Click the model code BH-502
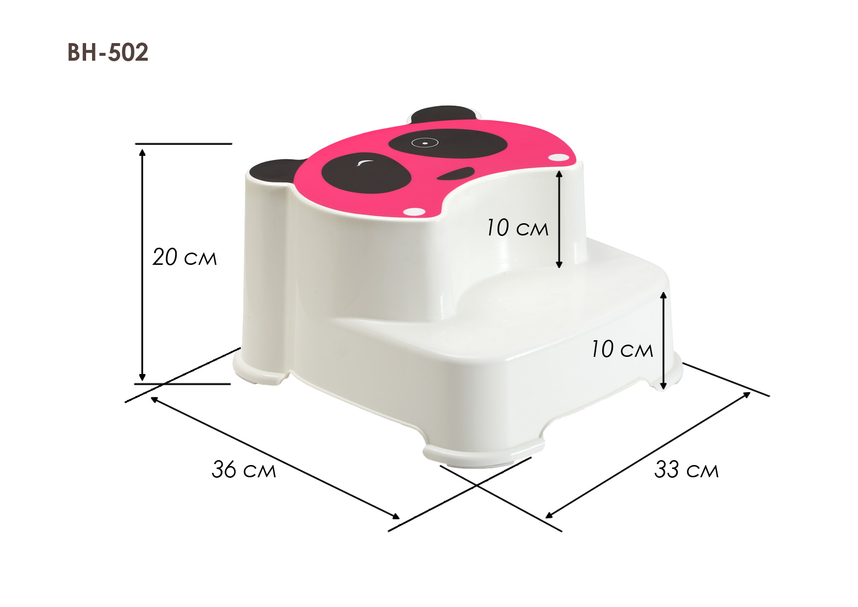tap(108, 52)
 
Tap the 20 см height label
tap(184, 257)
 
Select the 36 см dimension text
tap(244, 469)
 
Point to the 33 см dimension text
tap(686, 469)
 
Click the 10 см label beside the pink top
tap(517, 228)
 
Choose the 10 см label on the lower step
tap(622, 350)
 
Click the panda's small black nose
tap(456, 174)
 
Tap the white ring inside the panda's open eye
tap(424, 143)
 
